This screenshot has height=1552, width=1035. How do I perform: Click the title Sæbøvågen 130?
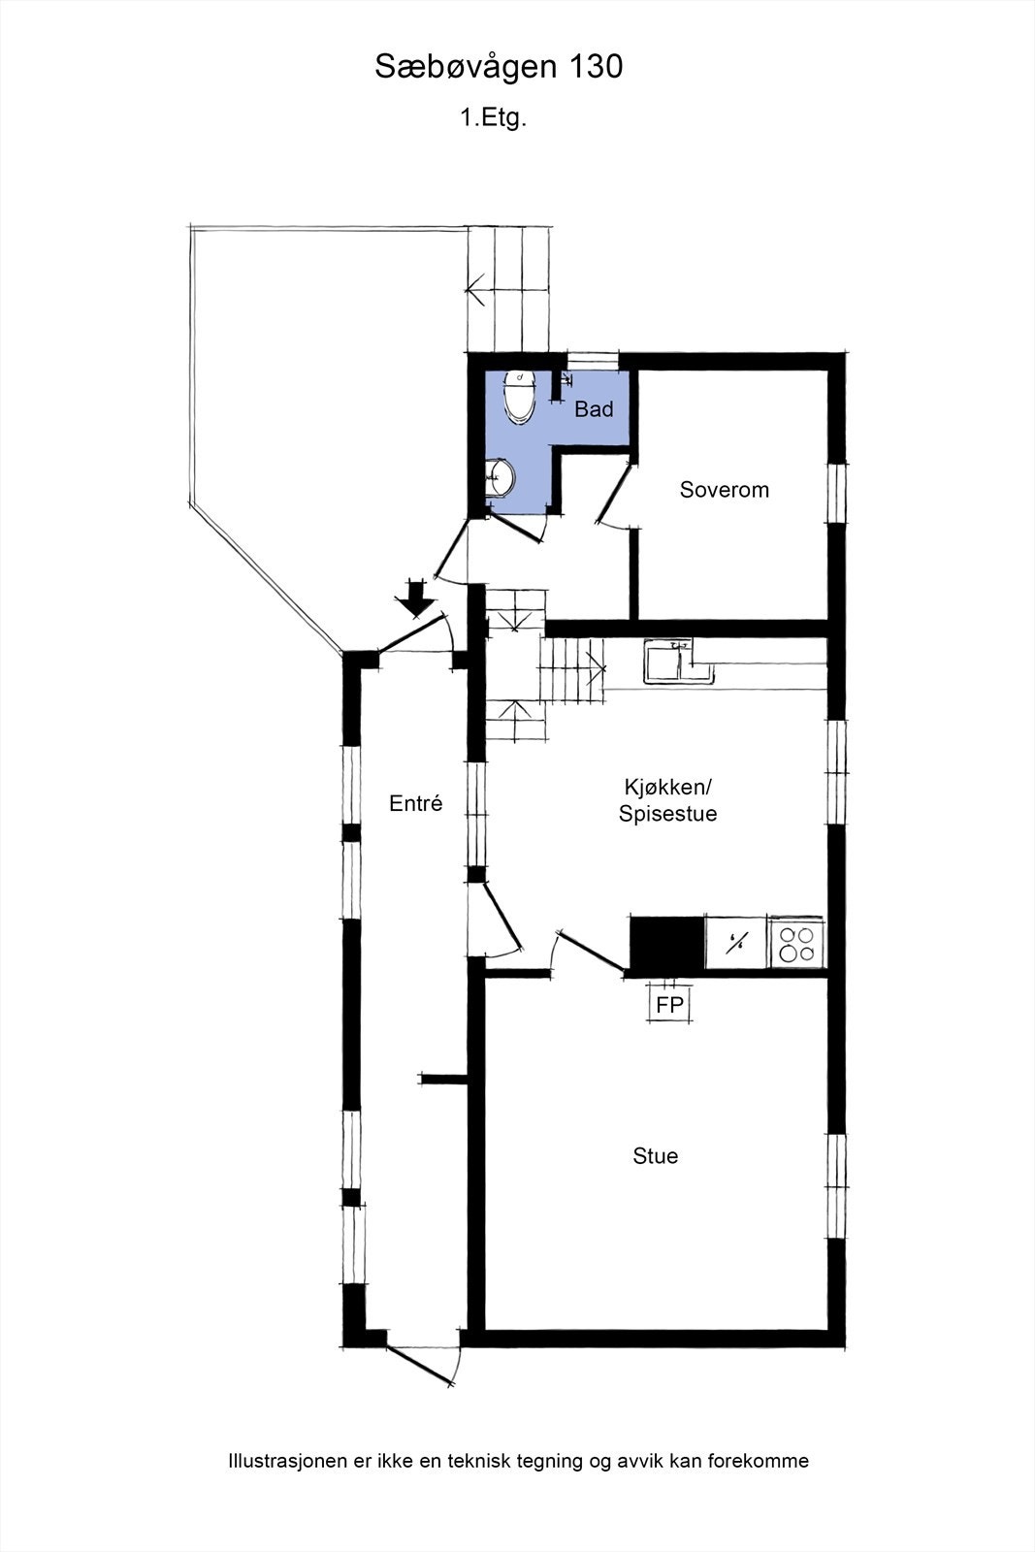point(499,67)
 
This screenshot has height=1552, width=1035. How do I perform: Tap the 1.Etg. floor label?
point(493,118)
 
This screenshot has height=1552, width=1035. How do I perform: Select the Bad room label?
point(594,409)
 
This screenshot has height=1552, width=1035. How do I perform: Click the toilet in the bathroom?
point(519,397)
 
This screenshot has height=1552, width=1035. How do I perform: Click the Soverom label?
point(724,490)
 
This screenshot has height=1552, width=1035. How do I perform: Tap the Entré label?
point(415,803)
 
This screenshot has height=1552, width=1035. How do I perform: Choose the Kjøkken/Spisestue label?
point(668,799)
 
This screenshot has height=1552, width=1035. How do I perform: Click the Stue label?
point(655,1156)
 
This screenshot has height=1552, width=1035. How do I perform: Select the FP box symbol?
point(669,1005)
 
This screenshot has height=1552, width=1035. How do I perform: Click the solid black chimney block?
point(666,943)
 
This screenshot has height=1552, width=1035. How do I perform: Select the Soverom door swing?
point(611,497)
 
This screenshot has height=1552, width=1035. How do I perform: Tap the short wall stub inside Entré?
point(443,1078)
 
